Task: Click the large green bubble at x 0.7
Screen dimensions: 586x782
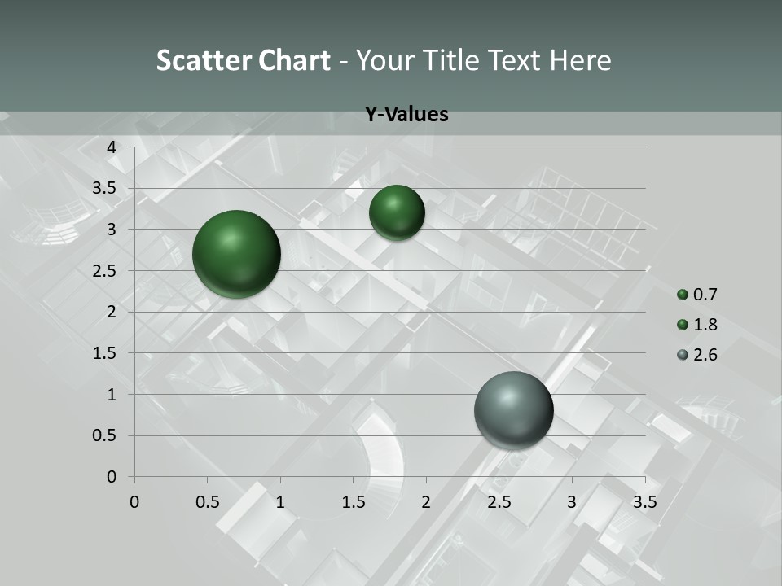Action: click(x=236, y=254)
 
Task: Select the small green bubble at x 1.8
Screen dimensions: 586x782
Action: click(x=397, y=212)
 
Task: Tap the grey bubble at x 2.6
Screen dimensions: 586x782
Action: click(x=513, y=410)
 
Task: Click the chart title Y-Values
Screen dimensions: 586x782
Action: click(x=406, y=115)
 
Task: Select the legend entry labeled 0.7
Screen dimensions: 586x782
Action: click(x=697, y=295)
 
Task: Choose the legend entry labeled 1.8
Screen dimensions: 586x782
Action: click(x=697, y=325)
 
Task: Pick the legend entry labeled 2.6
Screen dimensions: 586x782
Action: click(x=697, y=355)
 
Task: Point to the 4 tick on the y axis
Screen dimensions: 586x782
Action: click(x=112, y=147)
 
